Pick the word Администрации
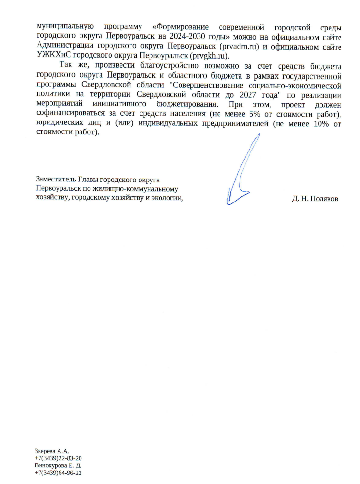coord(65,46)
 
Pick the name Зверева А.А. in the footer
coord(52,450)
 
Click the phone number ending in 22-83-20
coord(61,458)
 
